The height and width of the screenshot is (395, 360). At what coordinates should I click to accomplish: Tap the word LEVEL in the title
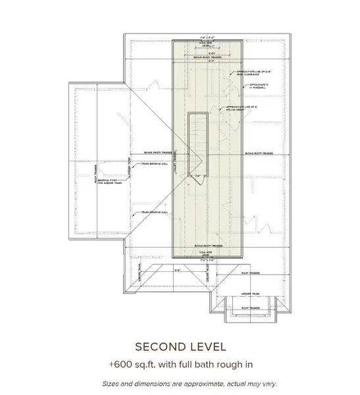point(206,347)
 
